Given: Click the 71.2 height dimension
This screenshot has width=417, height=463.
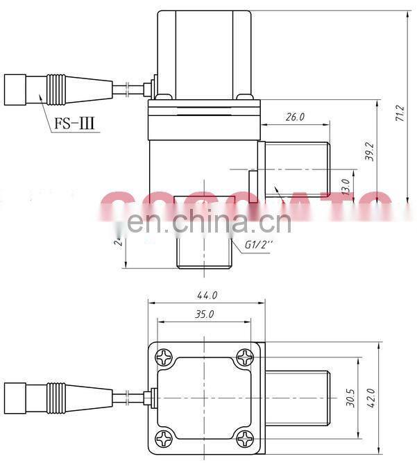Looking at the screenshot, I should (x=399, y=115).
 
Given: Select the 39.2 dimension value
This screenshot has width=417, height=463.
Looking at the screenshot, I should (x=370, y=152).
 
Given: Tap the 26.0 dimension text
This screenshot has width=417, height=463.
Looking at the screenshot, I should (x=295, y=117).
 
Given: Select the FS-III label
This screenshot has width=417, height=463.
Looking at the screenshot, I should (x=74, y=125).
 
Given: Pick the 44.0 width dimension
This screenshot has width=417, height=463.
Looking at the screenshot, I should (x=206, y=294).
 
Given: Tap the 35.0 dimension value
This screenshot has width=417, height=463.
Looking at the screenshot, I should (x=204, y=314).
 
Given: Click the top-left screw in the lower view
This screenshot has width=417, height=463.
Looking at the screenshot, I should (x=164, y=357).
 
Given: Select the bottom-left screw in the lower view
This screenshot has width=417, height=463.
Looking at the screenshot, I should (x=164, y=438).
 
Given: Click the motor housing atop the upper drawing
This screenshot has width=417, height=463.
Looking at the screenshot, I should (x=203, y=52).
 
